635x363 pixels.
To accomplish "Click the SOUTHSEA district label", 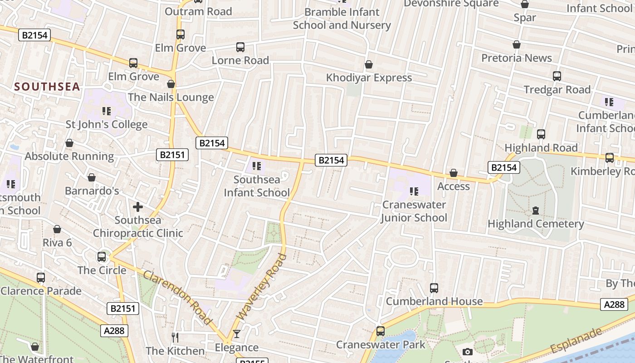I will (47, 87).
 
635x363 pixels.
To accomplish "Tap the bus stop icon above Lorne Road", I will (240, 47).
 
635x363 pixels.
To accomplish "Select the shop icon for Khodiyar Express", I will (369, 65).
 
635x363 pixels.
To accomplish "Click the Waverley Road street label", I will (262, 287).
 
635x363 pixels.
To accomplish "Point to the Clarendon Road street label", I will (177, 298).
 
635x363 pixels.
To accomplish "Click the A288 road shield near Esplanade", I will (614, 304).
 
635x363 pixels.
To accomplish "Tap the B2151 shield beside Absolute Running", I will (172, 155).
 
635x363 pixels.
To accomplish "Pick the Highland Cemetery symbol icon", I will (536, 211).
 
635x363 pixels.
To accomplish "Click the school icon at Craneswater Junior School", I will (414, 191).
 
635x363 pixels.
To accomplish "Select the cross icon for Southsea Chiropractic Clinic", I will (138, 207).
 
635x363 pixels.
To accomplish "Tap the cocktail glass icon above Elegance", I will (236, 334).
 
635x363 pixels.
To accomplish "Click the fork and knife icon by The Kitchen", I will (175, 337).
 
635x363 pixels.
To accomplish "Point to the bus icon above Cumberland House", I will (434, 288).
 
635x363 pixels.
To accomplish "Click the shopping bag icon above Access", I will (453, 173).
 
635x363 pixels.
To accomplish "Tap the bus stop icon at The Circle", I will (102, 257).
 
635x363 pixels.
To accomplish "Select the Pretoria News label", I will (516, 58).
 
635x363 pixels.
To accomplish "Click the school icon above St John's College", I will (107, 111).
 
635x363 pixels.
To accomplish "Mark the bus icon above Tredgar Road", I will (557, 76).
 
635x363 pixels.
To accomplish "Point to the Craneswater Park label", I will (381, 345).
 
